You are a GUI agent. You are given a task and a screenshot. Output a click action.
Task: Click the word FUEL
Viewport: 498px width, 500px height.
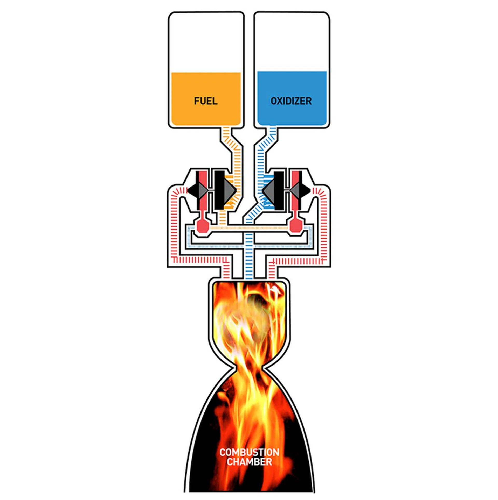click(x=206, y=101)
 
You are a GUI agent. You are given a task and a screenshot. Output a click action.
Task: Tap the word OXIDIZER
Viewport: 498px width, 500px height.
click(x=291, y=101)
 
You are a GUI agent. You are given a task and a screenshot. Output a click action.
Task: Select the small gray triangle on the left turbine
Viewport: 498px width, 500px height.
click(x=203, y=191)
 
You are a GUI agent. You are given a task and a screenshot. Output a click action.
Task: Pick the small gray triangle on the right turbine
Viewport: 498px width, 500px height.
click(x=295, y=191)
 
